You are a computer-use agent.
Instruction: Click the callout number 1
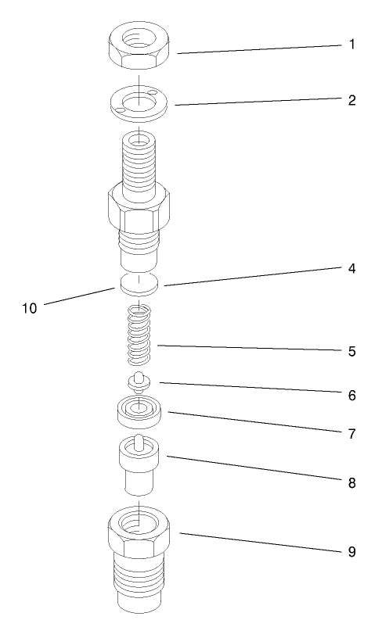351,45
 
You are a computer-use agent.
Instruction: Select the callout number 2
351,99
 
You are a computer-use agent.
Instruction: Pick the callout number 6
351,396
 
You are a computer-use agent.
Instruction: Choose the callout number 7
351,432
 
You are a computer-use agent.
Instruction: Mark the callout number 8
351,482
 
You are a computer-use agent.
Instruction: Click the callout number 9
351,552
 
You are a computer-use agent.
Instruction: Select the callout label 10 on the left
29,308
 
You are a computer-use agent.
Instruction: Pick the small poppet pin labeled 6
138,382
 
